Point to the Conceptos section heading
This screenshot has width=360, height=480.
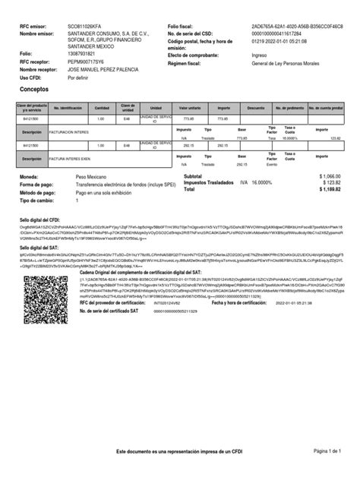point(34,89)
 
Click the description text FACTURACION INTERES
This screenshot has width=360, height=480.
point(69,131)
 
